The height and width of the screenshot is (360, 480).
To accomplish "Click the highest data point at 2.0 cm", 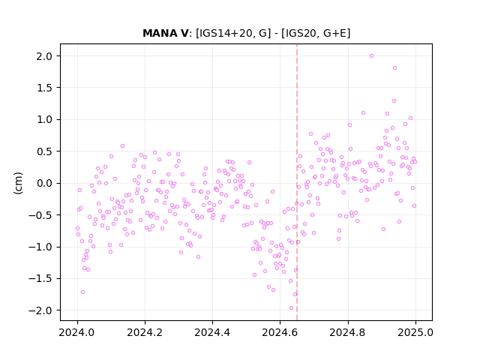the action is point(371,56).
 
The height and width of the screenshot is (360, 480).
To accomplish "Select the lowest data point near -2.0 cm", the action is point(291,308).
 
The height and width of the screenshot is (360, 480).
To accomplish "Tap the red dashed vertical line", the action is point(297,182).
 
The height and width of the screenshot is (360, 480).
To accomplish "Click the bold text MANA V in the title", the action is point(166,33).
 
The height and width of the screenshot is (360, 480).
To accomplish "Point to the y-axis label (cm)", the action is point(18,183).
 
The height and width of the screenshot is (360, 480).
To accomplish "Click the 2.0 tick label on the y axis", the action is point(44,56).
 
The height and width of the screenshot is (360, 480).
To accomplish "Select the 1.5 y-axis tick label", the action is point(44,88).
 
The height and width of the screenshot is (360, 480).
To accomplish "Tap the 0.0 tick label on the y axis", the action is point(44,183).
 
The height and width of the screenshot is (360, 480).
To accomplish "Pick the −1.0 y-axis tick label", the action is point(40,247).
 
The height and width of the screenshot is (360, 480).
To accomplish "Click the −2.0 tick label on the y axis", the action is point(40,310).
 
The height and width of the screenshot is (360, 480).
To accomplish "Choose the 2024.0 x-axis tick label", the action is point(77,332).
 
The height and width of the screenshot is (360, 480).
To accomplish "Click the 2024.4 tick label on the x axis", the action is point(212,332).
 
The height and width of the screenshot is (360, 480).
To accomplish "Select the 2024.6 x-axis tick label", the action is point(280,332).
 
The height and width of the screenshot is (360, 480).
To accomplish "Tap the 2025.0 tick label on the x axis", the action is point(415,332).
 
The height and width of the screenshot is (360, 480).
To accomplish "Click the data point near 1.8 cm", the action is point(395,68).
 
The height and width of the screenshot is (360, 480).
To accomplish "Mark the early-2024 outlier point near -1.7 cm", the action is point(82,292).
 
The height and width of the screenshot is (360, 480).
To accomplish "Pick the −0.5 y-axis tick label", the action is point(40,215).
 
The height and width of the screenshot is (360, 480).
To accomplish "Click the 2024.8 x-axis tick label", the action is point(347,332).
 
